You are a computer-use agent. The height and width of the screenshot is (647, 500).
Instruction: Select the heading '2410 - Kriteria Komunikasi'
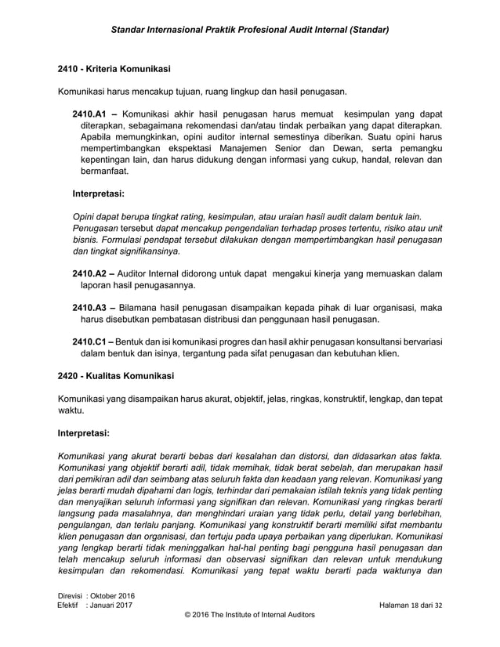point(114,68)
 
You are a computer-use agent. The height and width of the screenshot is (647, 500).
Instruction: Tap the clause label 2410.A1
point(89,113)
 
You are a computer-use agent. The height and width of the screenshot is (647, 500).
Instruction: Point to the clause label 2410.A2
point(89,273)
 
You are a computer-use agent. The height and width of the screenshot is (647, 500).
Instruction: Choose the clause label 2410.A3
point(89,307)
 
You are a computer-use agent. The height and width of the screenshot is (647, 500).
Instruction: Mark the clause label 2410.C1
point(89,341)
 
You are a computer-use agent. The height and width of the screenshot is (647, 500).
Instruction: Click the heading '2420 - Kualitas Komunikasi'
point(116,376)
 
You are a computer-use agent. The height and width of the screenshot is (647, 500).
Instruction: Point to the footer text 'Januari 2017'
point(111,608)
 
